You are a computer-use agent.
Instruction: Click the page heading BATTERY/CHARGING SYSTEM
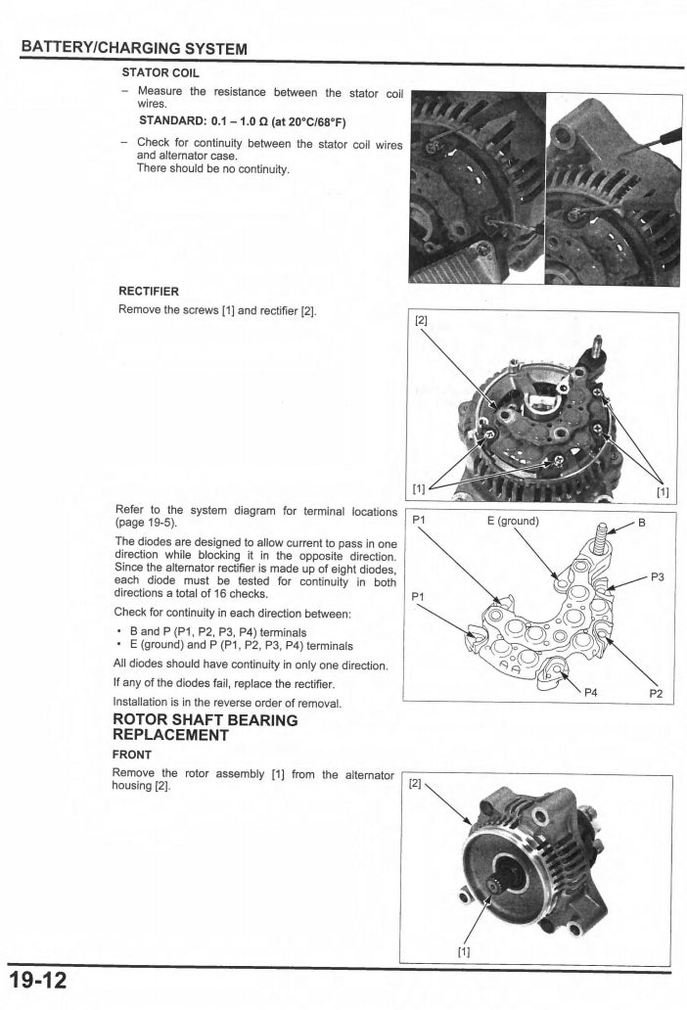coord(134,49)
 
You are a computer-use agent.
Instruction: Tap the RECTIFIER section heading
coord(148,291)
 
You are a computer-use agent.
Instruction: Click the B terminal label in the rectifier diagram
coord(642,522)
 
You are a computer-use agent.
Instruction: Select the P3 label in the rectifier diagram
coord(658,577)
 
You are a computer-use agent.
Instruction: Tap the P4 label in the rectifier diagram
coord(591,694)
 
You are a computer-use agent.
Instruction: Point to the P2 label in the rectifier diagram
coord(656,694)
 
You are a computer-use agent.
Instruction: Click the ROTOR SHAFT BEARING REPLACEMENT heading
coord(206,727)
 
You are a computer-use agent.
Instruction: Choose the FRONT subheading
coord(132,755)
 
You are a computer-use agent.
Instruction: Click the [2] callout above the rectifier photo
coord(422,320)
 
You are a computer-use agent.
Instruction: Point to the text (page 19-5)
coord(146,524)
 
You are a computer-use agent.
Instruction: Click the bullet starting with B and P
coord(209,632)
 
